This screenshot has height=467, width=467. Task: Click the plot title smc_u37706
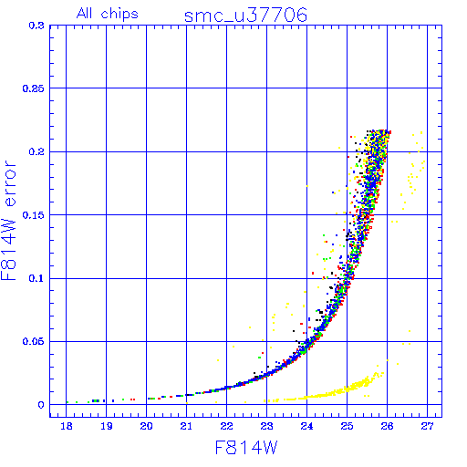pos(245,16)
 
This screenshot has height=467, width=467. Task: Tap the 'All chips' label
pos(108,14)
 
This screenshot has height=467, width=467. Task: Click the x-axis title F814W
pos(246,448)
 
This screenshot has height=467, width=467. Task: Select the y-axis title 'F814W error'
pos(9,221)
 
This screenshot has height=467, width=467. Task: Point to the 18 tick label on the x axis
pos(67,426)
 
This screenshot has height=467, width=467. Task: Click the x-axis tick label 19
pos(107,426)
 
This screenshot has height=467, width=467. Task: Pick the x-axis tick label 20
pos(146,426)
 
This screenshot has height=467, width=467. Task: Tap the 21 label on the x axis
pos(186,426)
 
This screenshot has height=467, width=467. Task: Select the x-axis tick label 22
pos(226,426)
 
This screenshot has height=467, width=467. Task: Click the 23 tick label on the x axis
pos(266,426)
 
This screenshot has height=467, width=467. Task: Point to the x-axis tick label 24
pos(306,426)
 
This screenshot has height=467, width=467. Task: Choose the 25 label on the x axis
pos(347,426)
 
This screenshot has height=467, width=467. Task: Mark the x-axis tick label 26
pos(387,426)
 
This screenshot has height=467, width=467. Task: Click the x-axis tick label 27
pos(427,426)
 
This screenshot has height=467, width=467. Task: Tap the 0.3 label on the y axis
pos(36,26)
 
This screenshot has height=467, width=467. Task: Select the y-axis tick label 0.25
pos(34,88)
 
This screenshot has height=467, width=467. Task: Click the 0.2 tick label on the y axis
pos(36,151)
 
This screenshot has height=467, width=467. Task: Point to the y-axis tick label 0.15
pos(34,215)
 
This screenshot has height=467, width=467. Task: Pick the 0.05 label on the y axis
pos(34,341)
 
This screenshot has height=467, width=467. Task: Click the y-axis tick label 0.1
pos(36,278)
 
